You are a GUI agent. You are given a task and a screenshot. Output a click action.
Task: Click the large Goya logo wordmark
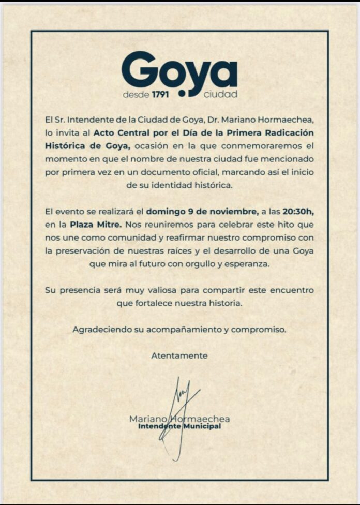click(179, 69)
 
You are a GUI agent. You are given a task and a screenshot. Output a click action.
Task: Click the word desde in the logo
click(136, 95)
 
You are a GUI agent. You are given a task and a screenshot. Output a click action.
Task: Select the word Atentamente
click(179, 355)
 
